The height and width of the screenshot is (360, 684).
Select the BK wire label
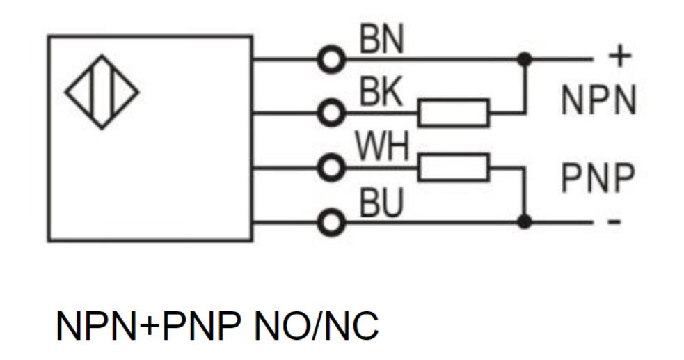coord(381,92)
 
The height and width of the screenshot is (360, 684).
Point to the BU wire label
coord(381,203)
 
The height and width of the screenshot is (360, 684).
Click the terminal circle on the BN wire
coord(331,59)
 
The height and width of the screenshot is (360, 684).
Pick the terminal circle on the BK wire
coord(331,113)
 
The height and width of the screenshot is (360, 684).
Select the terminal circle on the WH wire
coord(331,168)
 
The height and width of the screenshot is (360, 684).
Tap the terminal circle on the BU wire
coord(331,222)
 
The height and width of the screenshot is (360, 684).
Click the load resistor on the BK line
coord(454,113)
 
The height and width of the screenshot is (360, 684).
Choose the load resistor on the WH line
coord(454,167)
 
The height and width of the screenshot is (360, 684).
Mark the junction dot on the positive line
coord(525,59)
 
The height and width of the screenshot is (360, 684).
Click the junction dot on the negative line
coord(525,221)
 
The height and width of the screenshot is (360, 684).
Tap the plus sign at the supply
coord(619,56)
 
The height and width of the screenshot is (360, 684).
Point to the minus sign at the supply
coord(614,221)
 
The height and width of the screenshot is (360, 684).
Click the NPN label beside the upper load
coord(598,100)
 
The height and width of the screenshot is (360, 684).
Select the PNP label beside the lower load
coord(598,178)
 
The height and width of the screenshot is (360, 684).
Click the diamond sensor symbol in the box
coord(102,92)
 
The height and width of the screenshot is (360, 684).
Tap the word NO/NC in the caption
coord(316,325)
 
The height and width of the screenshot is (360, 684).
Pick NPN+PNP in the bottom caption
coord(149,325)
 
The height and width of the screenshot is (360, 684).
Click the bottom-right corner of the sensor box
coord(252,240)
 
